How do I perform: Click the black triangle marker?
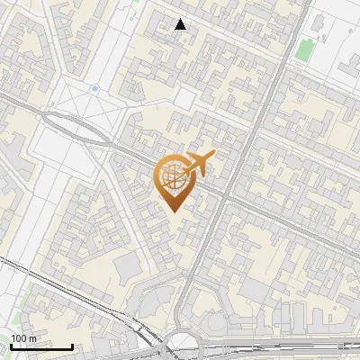[181, 24]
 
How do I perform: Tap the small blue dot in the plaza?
[94, 89]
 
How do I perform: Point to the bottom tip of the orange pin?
[173, 211]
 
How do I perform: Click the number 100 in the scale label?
[19, 338]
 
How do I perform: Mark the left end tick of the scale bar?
[11, 346]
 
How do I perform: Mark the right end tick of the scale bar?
[72, 346]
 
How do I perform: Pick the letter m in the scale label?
[32, 338]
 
